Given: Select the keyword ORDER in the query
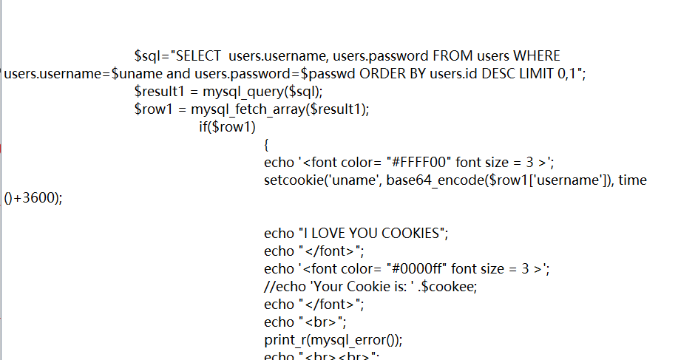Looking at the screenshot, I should [382, 74].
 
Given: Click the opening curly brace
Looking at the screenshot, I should [267, 145].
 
